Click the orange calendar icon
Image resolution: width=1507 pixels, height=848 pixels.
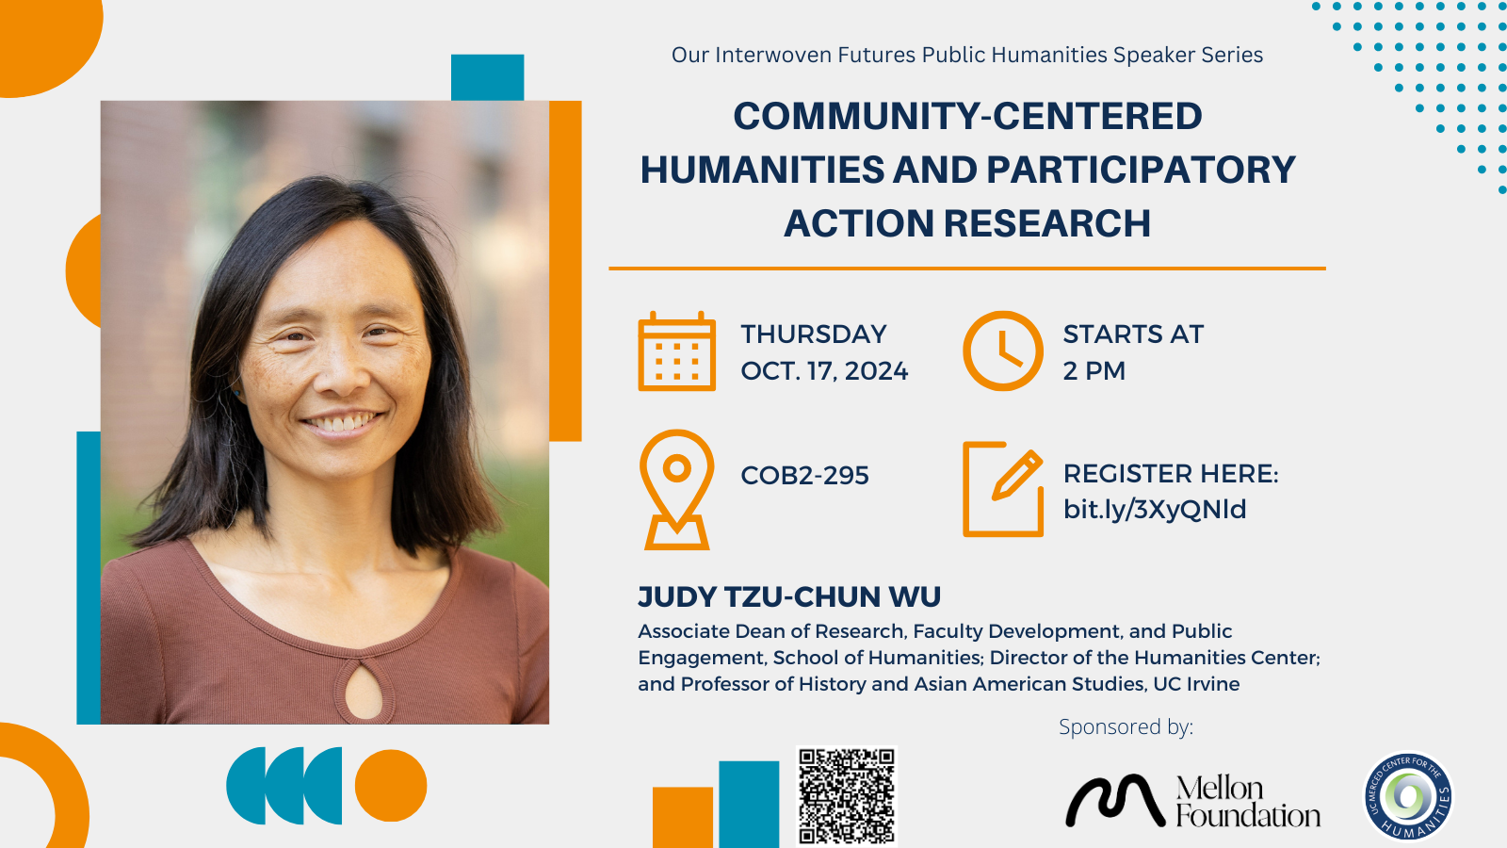coord(677,351)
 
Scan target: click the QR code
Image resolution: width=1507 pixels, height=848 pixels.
coord(847,795)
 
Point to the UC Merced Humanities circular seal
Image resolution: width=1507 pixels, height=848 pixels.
coord(1409,796)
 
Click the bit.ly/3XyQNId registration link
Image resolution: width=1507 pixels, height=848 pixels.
coord(1155,510)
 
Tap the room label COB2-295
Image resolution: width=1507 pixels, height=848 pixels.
coord(804,476)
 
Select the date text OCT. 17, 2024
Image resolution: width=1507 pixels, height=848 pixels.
coord(824,371)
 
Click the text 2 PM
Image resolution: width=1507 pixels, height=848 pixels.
coord(1094,371)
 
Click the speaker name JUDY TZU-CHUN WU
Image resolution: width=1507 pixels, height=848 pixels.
coord(789,597)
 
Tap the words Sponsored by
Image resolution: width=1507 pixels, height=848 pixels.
coord(1126,726)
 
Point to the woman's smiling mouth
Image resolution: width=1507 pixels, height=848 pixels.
coord(343,423)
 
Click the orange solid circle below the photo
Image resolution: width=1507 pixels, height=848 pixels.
coord(391,786)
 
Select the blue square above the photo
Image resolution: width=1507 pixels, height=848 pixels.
coord(487,77)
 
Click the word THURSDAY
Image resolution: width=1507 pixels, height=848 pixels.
coord(814,334)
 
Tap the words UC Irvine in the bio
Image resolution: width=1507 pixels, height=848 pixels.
coord(1196,684)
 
